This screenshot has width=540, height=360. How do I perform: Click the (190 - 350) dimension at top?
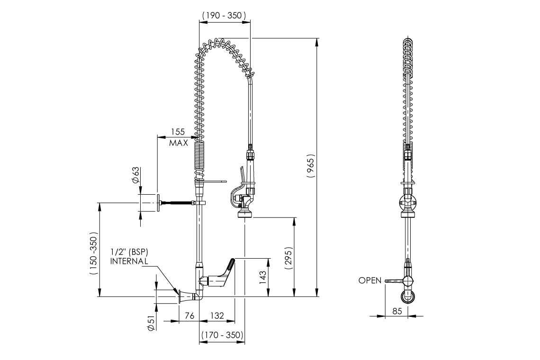[224, 16]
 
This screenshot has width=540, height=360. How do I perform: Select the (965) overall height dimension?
[311, 166]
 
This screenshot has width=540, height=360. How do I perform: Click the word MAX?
[179, 142]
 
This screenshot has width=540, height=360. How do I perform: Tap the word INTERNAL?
[129, 261]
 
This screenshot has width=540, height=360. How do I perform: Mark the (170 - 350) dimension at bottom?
[222, 335]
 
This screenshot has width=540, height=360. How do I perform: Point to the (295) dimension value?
[288, 258]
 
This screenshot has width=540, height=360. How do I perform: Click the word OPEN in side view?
[369, 280]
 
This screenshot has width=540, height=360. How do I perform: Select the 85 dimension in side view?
[397, 311]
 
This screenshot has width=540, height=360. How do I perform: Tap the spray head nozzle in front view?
[245, 214]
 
